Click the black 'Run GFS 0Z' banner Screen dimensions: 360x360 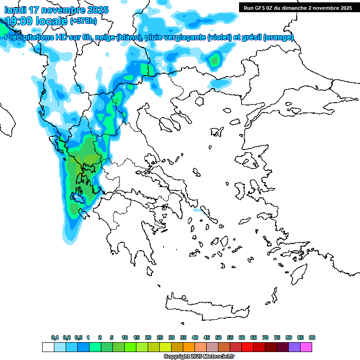[x=298, y=7]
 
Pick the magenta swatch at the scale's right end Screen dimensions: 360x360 [x=306, y=347]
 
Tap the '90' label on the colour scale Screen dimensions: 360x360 [x=312, y=337]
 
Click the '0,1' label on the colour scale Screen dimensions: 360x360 [x=55, y=337]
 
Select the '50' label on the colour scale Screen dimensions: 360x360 [x=218, y=337]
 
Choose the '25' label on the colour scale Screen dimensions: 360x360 [x=160, y=337]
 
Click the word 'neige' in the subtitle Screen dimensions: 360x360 [x=106, y=37]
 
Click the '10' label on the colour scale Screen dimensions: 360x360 [x=125, y=337]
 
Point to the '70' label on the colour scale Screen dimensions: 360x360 [x=265, y=337]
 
